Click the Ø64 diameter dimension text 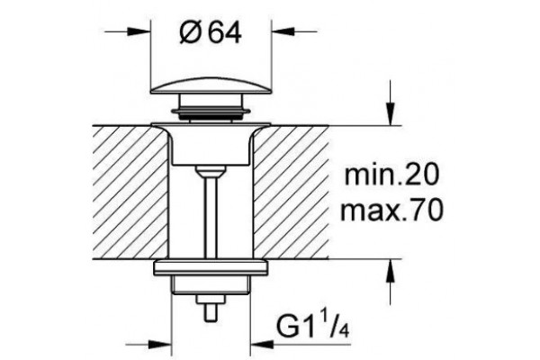211,32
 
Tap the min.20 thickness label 391,175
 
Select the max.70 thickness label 391,210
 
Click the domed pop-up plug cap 211,85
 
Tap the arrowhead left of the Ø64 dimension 139,31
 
